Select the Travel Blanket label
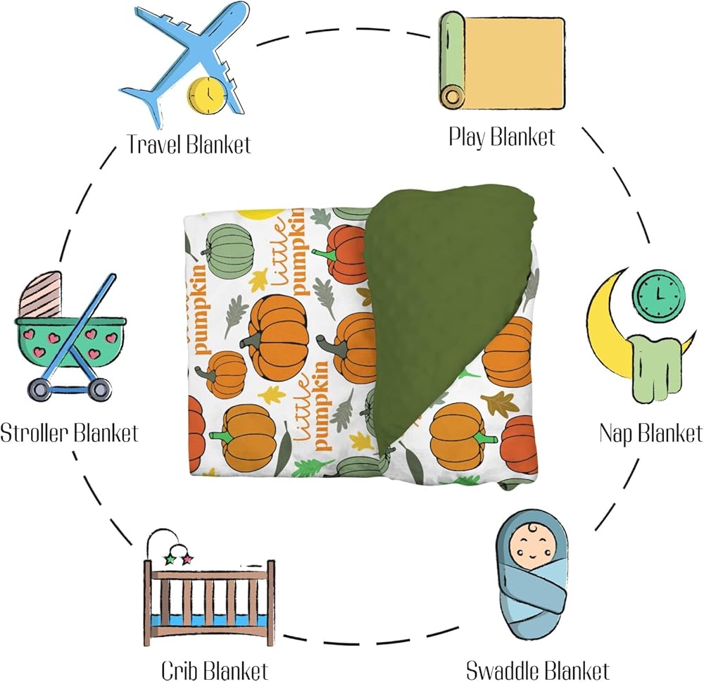click(x=189, y=145)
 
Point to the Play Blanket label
click(x=501, y=135)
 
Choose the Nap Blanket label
click(x=650, y=432)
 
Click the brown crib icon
click(x=209, y=595)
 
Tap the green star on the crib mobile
click(x=169, y=559)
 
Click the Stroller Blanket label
click(x=69, y=432)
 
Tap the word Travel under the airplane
click(x=155, y=145)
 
